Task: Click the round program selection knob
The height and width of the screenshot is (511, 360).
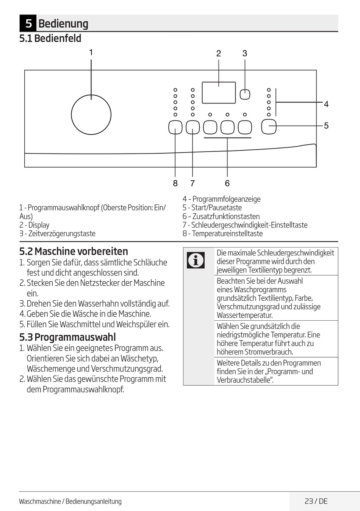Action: point(91,114)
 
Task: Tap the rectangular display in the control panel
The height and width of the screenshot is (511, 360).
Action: point(219,92)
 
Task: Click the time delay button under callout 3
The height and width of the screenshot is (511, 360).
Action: point(245,94)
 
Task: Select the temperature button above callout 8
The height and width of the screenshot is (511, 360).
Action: point(175,127)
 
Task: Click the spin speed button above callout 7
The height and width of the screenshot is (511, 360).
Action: point(193,127)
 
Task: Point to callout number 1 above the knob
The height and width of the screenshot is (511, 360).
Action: point(91,52)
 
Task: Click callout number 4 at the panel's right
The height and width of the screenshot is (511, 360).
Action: point(326,104)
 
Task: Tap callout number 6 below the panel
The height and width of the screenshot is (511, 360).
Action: point(227,183)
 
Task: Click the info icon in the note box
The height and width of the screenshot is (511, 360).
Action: point(196,260)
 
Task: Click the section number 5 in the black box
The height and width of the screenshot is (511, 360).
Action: point(28,24)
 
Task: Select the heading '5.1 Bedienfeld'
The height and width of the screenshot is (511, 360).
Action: point(50,38)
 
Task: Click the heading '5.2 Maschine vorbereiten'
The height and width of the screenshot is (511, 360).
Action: point(74,251)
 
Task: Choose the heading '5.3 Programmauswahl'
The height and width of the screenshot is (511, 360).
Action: point(67,337)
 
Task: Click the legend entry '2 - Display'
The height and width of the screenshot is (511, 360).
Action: point(34,225)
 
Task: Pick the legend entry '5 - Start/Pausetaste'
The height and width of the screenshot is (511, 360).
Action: point(212,208)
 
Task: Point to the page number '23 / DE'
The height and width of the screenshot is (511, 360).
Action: point(316,501)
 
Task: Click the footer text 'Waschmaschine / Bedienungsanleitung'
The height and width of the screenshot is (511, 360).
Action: point(70,502)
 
